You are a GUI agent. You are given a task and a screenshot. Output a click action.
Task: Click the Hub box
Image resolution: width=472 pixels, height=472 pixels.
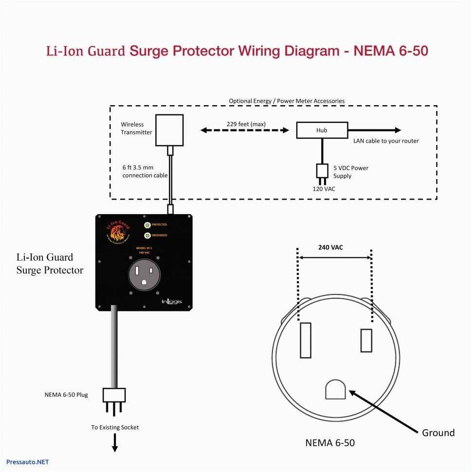coord(322,130)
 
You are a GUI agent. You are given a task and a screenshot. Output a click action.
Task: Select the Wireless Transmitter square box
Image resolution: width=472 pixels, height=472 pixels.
coord(169,130)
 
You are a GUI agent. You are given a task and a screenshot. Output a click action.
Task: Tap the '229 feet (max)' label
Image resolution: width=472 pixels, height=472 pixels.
coord(246,124)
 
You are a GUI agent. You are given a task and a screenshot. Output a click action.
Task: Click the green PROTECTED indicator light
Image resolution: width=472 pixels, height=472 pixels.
coord(147,225)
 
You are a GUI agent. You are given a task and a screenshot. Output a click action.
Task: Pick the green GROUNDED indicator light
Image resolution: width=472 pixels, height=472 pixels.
coord(147,236)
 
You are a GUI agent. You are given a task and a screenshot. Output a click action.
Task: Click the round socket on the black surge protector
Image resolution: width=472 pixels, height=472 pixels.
coord(145,274)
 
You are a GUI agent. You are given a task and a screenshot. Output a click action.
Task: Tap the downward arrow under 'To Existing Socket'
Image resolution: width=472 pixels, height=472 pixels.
coord(115,443)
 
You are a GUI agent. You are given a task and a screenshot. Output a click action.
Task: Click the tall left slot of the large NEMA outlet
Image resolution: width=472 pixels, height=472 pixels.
coord(305,340)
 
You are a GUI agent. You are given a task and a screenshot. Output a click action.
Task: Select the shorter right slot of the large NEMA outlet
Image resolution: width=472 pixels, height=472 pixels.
coord(366,340)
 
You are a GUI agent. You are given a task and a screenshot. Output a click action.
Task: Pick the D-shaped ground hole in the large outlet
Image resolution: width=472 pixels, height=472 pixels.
coord(335,389)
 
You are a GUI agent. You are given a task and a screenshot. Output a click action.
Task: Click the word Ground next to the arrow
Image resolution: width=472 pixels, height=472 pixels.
coord(438,433)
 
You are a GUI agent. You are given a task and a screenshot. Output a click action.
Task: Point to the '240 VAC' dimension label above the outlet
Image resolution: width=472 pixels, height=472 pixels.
coord(331,247)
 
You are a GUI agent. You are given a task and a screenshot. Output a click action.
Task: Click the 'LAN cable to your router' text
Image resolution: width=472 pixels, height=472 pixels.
coord(386,141)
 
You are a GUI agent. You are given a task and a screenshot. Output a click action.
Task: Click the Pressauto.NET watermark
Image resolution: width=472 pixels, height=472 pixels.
coord(28,462)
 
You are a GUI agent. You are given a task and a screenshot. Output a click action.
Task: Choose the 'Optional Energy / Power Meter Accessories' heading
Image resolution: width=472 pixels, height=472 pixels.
coord(287,101)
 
